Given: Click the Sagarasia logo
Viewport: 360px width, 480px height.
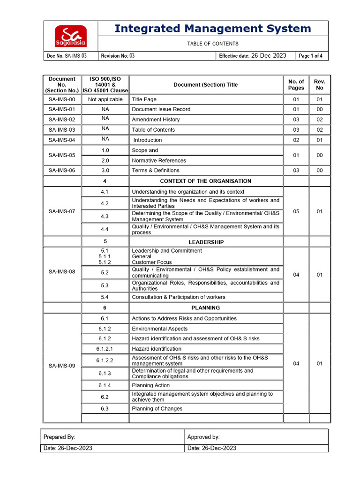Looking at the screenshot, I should click(70, 36).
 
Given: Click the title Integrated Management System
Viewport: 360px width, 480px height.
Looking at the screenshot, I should click(213, 29).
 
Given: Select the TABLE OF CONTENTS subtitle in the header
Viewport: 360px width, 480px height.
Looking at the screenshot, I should click(213, 44).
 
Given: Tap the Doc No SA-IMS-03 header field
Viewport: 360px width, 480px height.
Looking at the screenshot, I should click(66, 56).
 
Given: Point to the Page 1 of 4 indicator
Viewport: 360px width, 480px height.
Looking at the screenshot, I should click(311, 56).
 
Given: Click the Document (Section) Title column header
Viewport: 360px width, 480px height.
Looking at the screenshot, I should click(205, 85).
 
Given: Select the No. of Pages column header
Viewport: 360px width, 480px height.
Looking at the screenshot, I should click(296, 85).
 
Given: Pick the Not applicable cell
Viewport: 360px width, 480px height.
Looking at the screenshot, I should click(105, 99).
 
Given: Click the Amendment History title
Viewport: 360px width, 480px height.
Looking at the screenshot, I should click(156, 120).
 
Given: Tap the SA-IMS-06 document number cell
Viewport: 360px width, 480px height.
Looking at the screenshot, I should click(62, 171).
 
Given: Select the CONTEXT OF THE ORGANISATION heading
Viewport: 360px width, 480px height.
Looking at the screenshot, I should click(205, 181).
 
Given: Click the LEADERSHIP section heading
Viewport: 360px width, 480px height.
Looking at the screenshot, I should click(206, 242).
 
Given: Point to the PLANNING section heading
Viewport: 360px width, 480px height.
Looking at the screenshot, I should click(206, 308).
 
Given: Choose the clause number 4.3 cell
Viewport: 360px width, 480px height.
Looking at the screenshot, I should click(105, 216).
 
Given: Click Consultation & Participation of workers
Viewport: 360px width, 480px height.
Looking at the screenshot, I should click(178, 297).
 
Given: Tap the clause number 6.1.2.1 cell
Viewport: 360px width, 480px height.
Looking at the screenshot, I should click(105, 349).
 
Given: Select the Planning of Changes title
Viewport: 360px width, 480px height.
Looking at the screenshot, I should click(157, 409).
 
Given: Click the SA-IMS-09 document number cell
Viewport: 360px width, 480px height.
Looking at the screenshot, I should click(62, 366).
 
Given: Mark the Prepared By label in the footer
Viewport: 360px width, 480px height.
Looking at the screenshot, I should click(59, 437).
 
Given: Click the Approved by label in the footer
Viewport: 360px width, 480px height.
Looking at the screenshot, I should click(203, 437).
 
